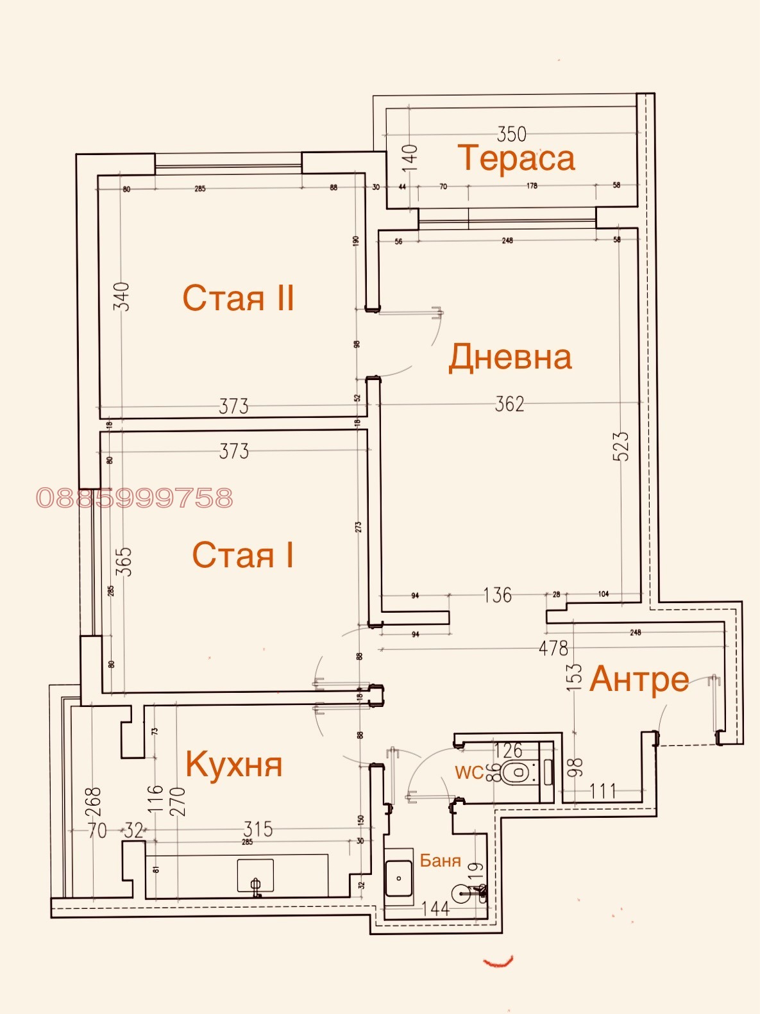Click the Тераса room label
click(x=516, y=158)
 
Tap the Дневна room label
click(x=510, y=357)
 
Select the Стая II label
click(x=239, y=298)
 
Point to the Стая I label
click(x=242, y=555)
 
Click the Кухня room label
click(x=234, y=764)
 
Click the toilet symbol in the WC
click(x=516, y=774)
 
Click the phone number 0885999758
click(x=135, y=498)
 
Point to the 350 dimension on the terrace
click(x=512, y=134)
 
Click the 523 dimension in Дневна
click(x=621, y=447)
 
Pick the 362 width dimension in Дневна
click(x=509, y=404)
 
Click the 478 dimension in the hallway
click(x=553, y=648)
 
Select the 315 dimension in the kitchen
click(x=258, y=829)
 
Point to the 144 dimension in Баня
click(x=435, y=908)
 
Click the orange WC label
click(x=469, y=773)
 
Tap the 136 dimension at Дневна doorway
click(x=498, y=595)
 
